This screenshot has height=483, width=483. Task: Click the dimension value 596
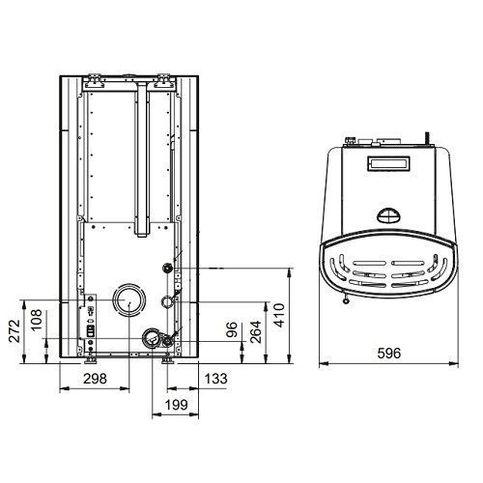[389, 354]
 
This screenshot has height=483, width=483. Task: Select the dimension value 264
[255, 331]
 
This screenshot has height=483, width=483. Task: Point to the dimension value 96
[232, 329]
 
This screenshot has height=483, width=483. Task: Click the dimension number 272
[14, 330]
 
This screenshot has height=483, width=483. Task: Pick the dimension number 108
[37, 320]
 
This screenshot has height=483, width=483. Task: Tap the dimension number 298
[95, 379]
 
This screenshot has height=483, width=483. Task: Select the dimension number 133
[216, 379]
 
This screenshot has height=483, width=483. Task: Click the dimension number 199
[176, 405]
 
